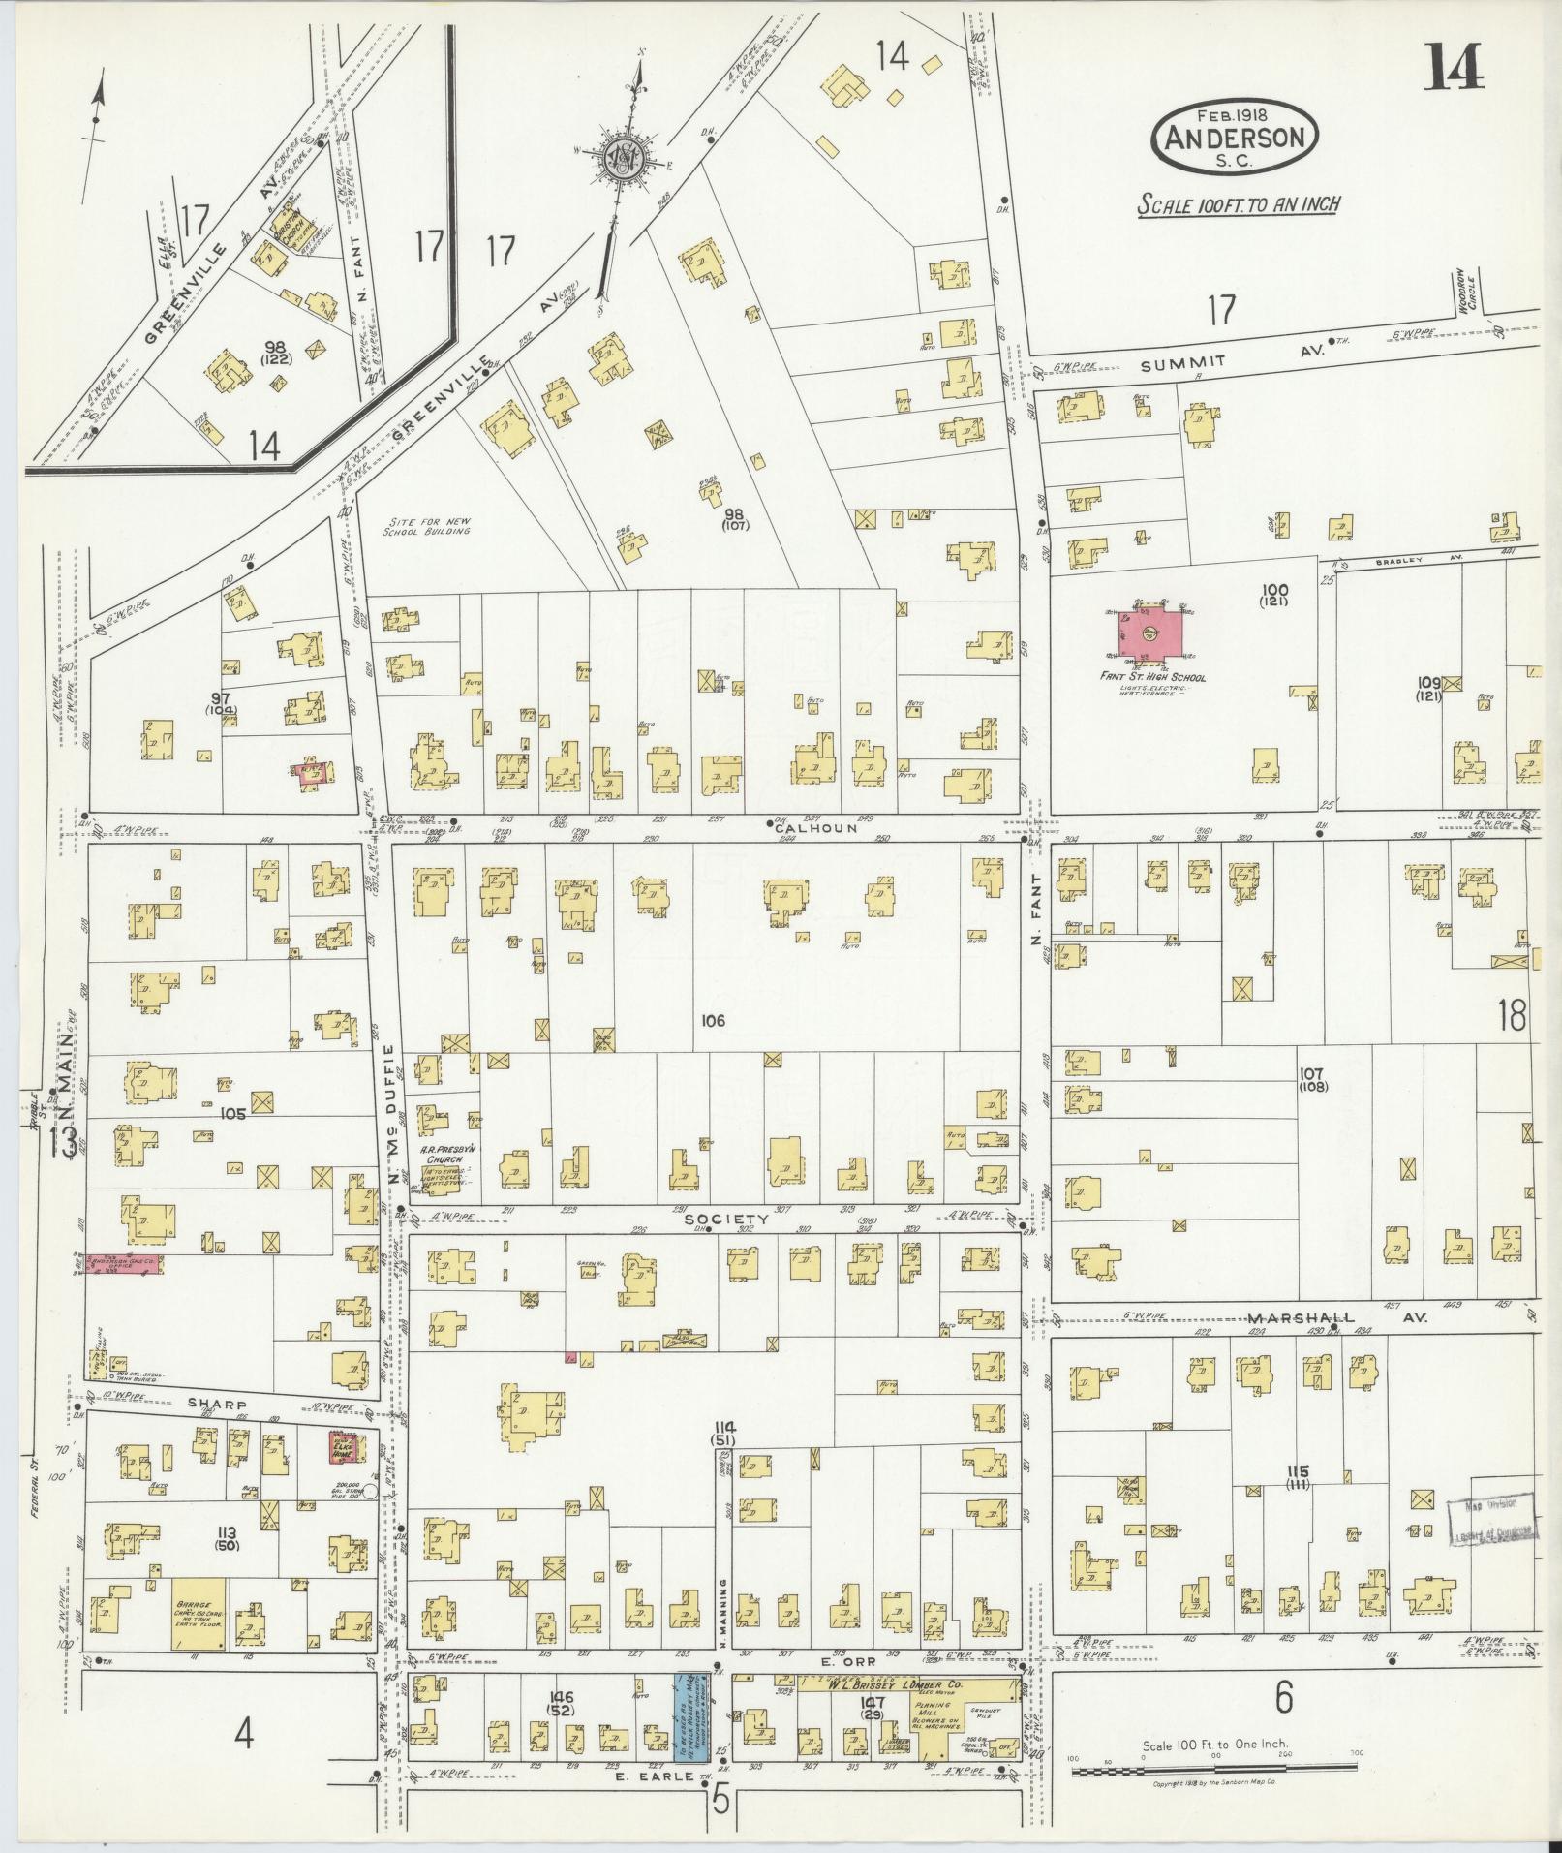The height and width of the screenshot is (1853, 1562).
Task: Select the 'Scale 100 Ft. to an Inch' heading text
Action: tap(1239, 204)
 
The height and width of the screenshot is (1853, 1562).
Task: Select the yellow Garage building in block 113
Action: tap(200, 1613)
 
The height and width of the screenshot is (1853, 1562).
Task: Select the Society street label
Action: tap(741, 1220)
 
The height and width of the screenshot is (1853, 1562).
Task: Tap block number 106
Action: tap(715, 1020)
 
